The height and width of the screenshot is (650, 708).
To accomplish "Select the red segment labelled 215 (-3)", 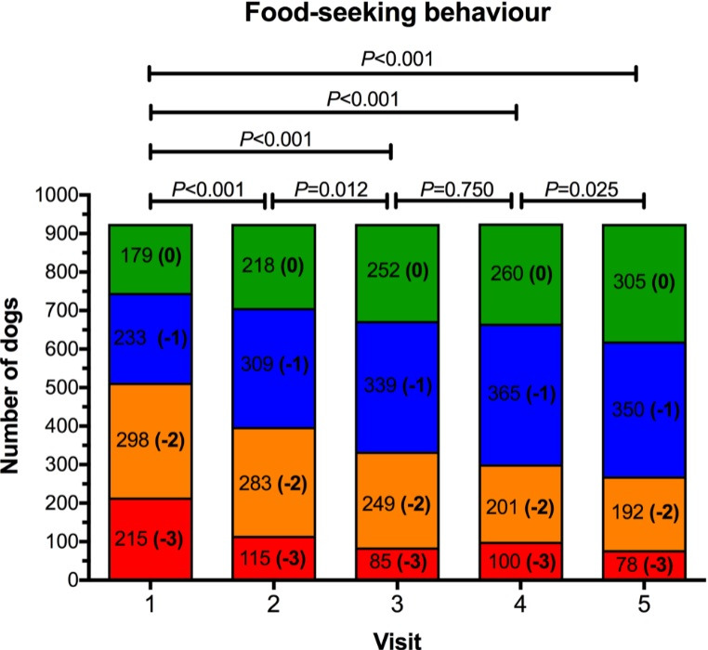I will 151,539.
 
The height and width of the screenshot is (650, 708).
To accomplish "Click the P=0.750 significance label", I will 452,187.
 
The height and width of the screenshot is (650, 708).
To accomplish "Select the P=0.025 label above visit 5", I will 581,187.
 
